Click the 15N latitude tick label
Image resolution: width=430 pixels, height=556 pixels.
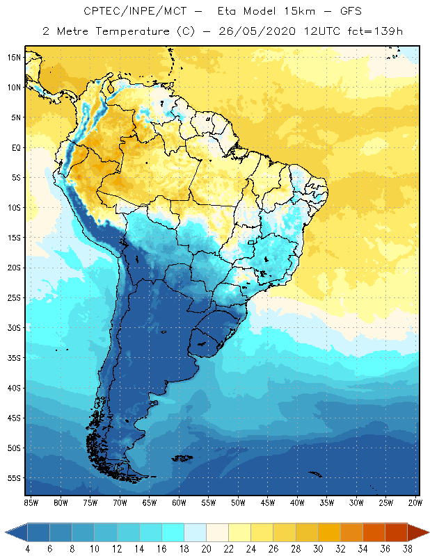coord(13,57)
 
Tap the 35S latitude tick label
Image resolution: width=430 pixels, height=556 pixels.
coord(13,358)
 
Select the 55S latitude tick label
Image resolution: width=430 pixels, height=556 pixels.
coord(13,478)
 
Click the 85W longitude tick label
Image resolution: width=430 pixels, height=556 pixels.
coord(31,502)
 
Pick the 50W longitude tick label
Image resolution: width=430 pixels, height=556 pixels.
coord(238,502)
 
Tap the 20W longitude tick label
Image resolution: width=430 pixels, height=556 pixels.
coord(415,502)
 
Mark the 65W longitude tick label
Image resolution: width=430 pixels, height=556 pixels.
coord(149,502)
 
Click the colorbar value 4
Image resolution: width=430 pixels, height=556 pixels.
coord(28,550)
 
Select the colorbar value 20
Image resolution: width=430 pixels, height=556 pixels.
coord(207,550)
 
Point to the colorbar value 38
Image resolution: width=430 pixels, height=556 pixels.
coord(408,550)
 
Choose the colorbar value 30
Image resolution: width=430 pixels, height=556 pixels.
coord(318,550)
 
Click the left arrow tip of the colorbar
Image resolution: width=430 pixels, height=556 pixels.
coord(6,532)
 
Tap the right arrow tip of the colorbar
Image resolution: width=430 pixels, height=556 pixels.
coord(428,532)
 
